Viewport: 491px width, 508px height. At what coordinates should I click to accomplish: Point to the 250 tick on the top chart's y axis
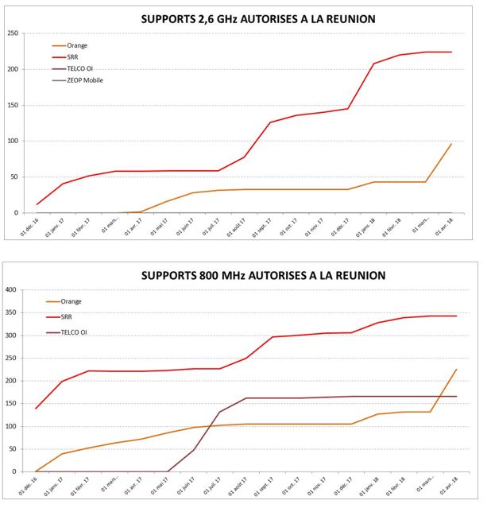click(13, 33)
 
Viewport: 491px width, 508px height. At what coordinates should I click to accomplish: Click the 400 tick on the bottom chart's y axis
click(11, 290)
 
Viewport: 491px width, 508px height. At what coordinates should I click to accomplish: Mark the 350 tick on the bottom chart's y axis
click(11, 313)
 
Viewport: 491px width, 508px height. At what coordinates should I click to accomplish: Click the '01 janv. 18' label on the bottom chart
click(375, 487)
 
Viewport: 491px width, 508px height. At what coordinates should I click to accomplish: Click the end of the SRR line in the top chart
click(451, 52)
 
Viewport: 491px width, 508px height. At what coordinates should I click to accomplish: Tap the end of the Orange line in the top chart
click(451, 144)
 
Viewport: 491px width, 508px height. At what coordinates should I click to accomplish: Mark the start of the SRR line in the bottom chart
click(36, 409)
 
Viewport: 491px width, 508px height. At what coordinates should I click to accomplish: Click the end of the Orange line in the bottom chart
click(457, 369)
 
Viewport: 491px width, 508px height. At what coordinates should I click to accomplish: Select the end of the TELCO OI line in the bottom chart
click(457, 396)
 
